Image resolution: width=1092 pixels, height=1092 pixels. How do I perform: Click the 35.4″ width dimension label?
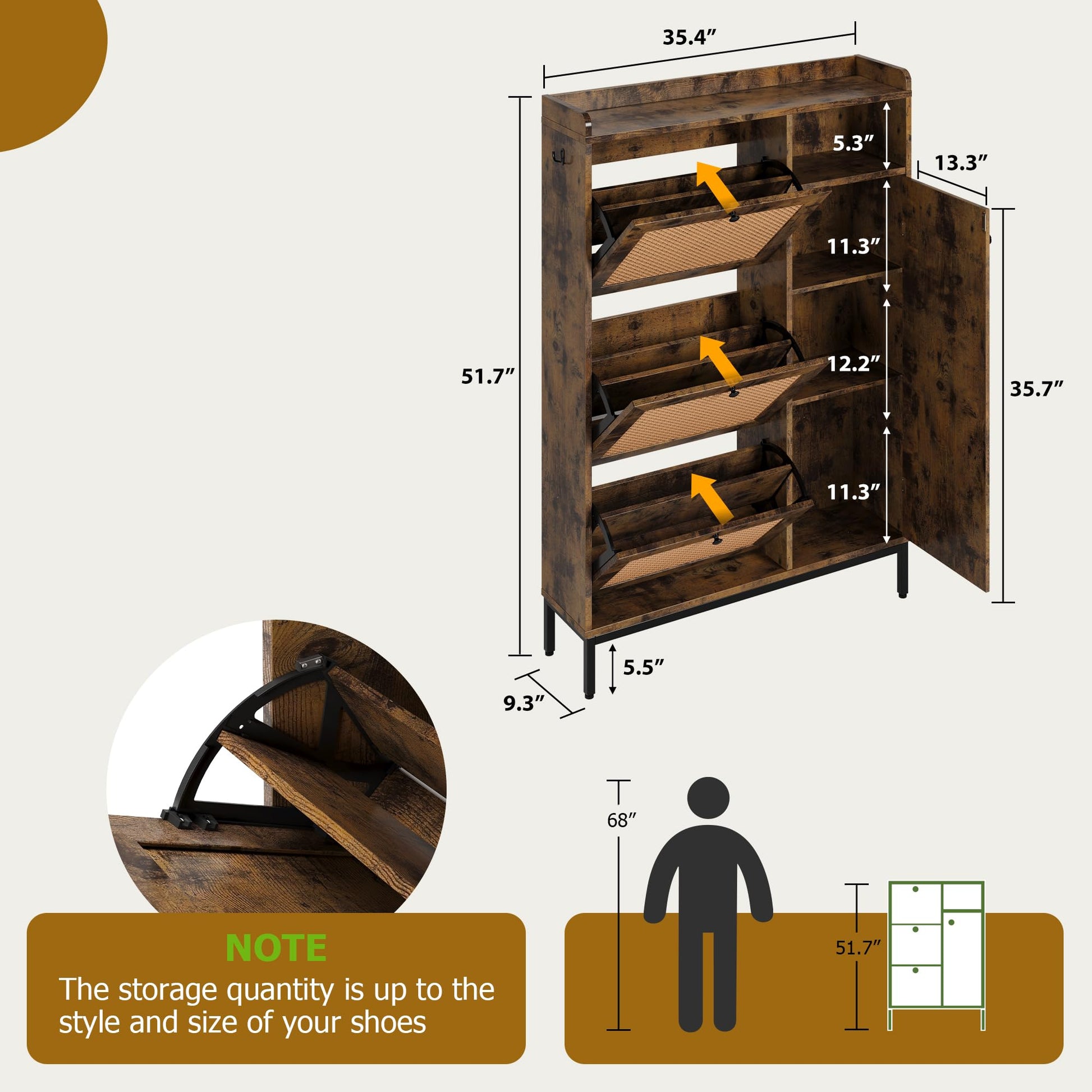pyautogui.click(x=689, y=37)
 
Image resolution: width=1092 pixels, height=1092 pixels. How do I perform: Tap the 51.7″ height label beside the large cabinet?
pyautogui.click(x=488, y=376)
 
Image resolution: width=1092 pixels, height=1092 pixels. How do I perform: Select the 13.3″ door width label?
pyautogui.click(x=960, y=163)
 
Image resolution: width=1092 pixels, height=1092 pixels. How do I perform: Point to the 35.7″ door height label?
pyautogui.click(x=1036, y=389)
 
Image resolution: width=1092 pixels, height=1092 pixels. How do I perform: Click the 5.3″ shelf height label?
pyautogui.click(x=854, y=143)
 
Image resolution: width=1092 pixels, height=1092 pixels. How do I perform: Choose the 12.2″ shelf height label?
pyautogui.click(x=854, y=364)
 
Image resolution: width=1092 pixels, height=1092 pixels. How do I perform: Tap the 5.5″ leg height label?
pyautogui.click(x=643, y=668)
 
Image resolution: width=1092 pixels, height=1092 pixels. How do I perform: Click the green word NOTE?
pyautogui.click(x=276, y=948)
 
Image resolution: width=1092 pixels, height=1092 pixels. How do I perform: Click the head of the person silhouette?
pyautogui.click(x=708, y=797)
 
